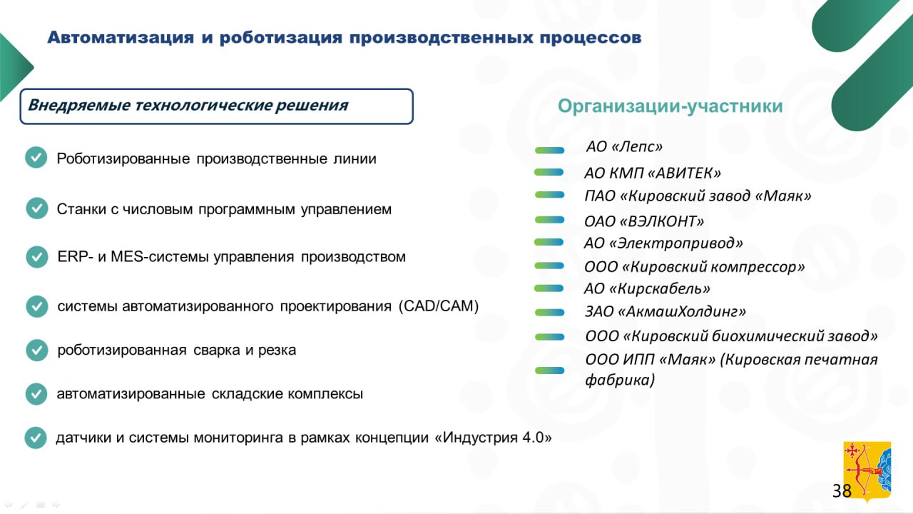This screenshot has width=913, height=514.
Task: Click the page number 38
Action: (x=842, y=490)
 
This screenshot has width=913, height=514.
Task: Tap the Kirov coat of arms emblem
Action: (x=867, y=471)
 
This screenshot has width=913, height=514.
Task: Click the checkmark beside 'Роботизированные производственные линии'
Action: (x=36, y=158)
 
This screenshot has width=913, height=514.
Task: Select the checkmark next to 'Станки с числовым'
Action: (x=36, y=208)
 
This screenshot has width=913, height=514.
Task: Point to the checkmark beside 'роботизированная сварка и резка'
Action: (x=36, y=350)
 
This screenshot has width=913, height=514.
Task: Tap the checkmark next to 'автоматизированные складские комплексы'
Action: (x=36, y=393)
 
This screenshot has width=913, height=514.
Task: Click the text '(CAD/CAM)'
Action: (x=439, y=306)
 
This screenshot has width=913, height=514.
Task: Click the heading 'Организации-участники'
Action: (x=670, y=106)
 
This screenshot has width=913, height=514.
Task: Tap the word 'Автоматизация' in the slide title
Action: (x=121, y=38)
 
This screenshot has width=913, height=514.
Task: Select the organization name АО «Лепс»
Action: (x=624, y=146)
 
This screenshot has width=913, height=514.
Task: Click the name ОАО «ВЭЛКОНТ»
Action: (x=644, y=221)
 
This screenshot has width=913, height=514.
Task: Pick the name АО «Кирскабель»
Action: (x=647, y=288)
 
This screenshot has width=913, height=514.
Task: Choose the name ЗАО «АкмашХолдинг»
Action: (x=665, y=311)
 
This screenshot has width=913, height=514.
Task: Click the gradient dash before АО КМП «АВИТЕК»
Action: (x=549, y=173)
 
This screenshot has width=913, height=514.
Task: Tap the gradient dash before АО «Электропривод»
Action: (x=549, y=242)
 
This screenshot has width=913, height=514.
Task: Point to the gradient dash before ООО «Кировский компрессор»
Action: (x=549, y=266)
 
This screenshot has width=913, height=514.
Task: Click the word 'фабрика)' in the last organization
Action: (x=620, y=380)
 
